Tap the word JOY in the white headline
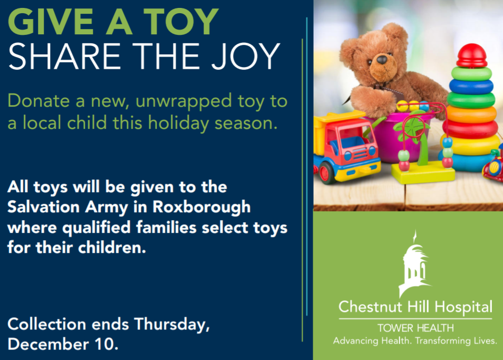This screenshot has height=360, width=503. coord(246,56)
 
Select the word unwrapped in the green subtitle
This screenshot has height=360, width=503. coord(183,102)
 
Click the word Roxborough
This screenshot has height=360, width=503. coord(201,207)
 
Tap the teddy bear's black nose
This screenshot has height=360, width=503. coord(382,60)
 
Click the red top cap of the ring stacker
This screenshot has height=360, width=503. coord(471,55)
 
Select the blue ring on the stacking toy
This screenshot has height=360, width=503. coord(471,86)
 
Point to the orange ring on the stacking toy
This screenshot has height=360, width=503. coord(471,114)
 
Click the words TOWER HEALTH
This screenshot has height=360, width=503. coord(415,328)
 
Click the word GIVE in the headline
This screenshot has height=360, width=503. coord(51,21)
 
